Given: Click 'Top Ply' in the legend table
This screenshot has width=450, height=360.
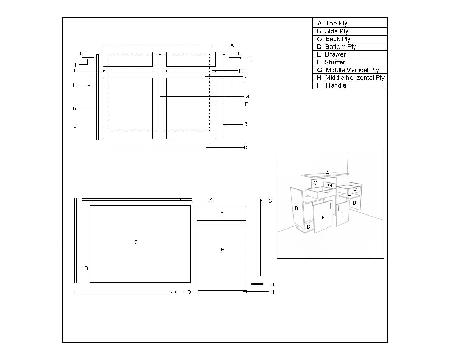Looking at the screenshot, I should click(336, 23).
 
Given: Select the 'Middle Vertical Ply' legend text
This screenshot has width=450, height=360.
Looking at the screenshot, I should click(352, 70).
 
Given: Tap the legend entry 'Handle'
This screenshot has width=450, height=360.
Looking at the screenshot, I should click(336, 85).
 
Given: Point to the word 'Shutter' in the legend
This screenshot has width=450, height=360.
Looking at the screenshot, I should click(335, 62).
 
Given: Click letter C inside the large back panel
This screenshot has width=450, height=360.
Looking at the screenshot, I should click(136, 243).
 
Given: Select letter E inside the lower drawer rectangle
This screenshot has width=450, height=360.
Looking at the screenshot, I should click(222, 213).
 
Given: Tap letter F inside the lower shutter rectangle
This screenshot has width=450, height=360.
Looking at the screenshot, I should click(222, 250).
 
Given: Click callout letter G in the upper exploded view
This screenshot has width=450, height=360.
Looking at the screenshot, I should click(247, 96).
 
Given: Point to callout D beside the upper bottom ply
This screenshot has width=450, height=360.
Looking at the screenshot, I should click(246, 148).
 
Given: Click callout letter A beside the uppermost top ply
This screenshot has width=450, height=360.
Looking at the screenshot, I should click(232, 45).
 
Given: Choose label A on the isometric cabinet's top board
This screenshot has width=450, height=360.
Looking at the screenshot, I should click(327, 173).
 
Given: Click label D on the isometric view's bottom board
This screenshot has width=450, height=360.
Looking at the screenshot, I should click(309, 227).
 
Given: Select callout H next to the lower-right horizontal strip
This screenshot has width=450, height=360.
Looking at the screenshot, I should click(272, 292).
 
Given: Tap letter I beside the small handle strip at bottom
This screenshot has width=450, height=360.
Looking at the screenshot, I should click(273, 284).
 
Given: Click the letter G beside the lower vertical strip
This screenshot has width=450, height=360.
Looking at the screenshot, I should click(270, 201).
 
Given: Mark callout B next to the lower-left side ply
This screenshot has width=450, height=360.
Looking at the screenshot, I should click(86, 268).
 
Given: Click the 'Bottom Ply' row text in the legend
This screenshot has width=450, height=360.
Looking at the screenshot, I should click(340, 47).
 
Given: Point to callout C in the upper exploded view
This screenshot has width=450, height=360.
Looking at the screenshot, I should click(246, 76).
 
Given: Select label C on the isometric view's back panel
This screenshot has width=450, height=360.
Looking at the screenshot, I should click(315, 183).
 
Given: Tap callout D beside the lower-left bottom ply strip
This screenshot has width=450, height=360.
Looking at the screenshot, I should click(189, 292).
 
